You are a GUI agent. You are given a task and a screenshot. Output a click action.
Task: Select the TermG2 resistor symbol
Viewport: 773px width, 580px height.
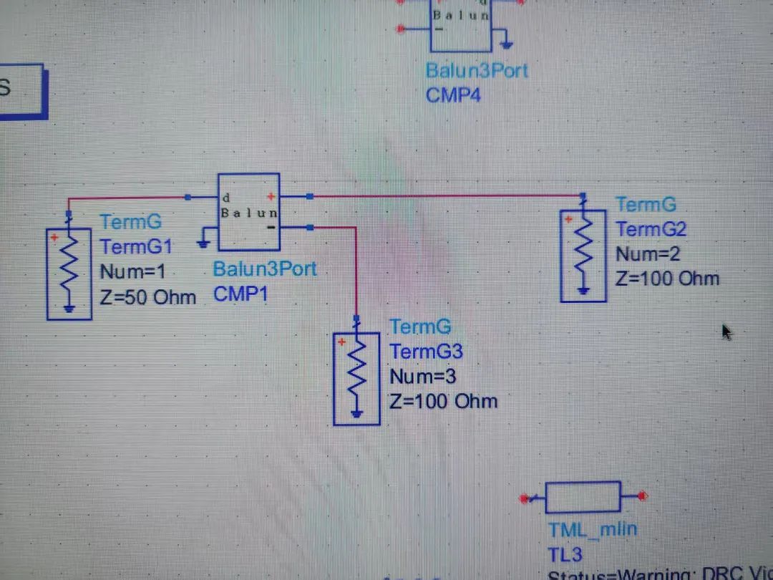click(x=583, y=253)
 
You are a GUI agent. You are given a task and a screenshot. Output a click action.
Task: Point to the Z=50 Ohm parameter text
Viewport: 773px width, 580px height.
click(x=148, y=296)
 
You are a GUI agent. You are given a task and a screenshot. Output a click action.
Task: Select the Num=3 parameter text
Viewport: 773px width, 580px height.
click(x=423, y=376)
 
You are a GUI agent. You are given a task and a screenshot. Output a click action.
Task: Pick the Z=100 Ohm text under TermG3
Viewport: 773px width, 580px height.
click(x=443, y=401)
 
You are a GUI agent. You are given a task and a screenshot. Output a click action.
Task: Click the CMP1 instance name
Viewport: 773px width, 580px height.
click(x=240, y=294)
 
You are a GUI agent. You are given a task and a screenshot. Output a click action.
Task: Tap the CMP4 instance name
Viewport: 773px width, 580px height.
click(x=453, y=95)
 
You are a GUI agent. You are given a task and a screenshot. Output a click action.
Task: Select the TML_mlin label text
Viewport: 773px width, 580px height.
click(x=593, y=531)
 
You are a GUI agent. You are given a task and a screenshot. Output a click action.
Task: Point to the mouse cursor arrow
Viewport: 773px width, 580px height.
click(x=727, y=332)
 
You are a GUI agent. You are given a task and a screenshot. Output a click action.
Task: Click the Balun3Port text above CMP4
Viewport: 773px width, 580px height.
click(x=477, y=71)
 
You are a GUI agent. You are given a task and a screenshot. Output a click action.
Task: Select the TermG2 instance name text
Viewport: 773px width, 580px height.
click(x=651, y=229)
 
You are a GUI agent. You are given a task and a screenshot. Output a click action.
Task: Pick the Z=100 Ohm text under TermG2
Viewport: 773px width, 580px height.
click(x=667, y=279)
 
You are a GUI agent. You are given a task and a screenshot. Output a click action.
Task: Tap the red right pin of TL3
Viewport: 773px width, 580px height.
click(x=643, y=496)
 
